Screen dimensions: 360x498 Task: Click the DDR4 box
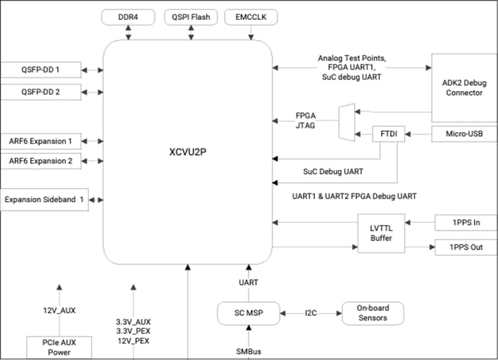click(x=129, y=17)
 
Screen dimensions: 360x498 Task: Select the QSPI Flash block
click(x=191, y=17)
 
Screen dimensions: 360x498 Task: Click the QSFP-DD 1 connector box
click(x=40, y=69)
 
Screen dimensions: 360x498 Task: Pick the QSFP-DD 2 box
click(x=40, y=92)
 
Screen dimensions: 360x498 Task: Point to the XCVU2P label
click(x=187, y=151)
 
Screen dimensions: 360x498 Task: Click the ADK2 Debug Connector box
click(x=464, y=87)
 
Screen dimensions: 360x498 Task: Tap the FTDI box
click(x=388, y=135)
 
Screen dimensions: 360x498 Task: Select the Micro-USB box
click(x=463, y=133)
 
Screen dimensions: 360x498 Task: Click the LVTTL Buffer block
click(x=382, y=233)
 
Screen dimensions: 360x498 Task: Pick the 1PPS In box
click(x=466, y=222)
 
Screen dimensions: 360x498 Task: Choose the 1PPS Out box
click(x=466, y=247)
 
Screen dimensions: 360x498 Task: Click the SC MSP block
click(x=248, y=313)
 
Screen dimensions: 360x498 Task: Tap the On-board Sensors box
click(x=372, y=313)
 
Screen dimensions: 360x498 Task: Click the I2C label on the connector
click(x=311, y=313)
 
